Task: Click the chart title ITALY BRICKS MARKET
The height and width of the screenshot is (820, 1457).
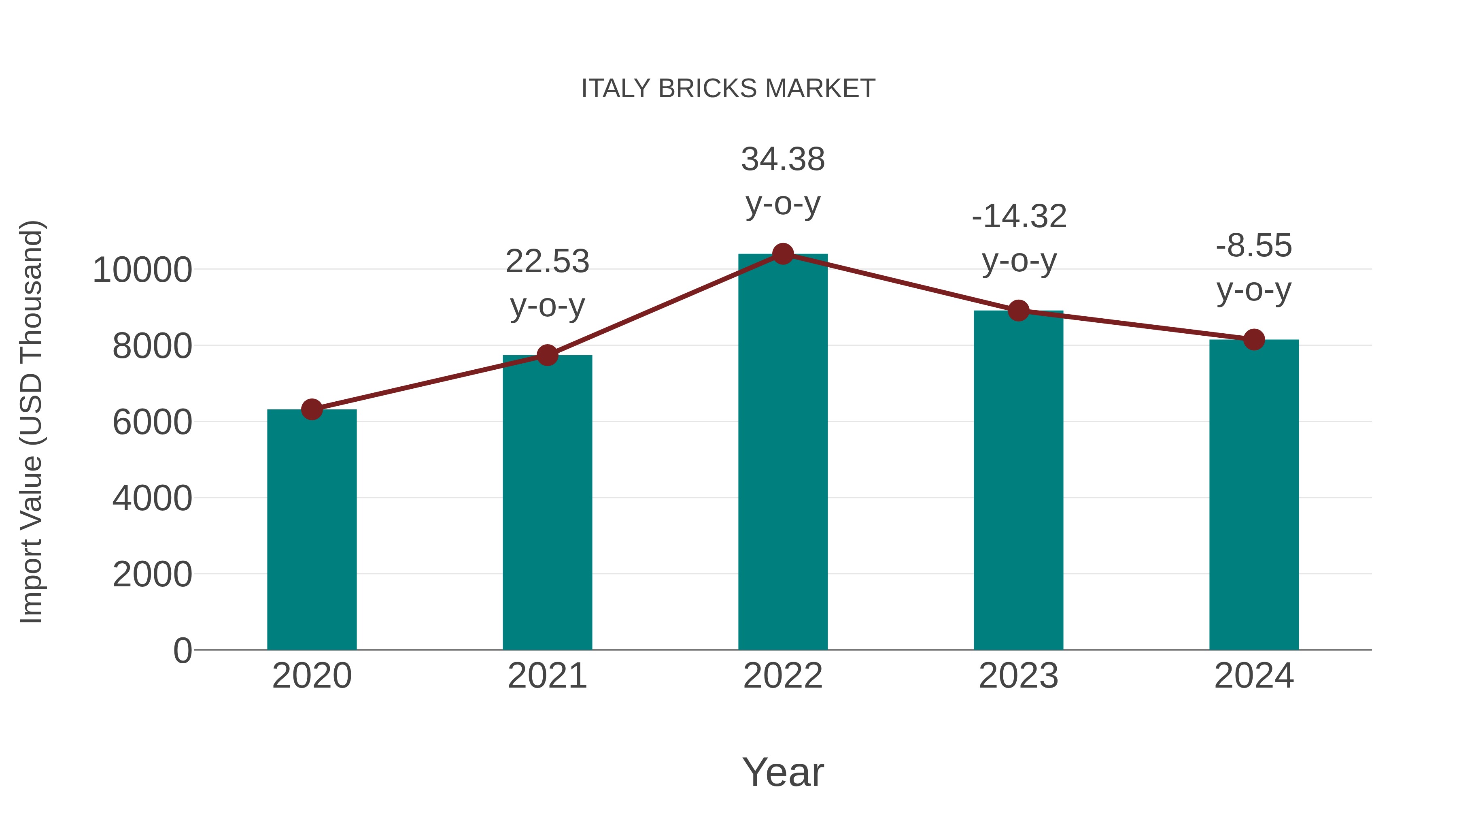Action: click(x=728, y=89)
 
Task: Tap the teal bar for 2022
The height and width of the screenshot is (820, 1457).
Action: click(x=783, y=453)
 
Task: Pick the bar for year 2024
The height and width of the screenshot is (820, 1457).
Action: click(x=1254, y=495)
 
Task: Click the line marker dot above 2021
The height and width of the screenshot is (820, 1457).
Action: click(x=547, y=356)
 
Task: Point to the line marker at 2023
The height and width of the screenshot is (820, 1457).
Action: click(x=1018, y=311)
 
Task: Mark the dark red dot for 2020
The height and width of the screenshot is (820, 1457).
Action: click(x=312, y=409)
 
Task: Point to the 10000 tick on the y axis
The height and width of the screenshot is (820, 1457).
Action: click(x=142, y=270)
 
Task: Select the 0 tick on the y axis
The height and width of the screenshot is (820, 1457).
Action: click(x=182, y=650)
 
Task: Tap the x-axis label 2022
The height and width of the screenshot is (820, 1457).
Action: click(x=783, y=676)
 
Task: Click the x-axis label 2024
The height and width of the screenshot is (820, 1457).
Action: click(x=1254, y=676)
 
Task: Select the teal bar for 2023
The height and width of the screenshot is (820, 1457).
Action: click(x=1018, y=481)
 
